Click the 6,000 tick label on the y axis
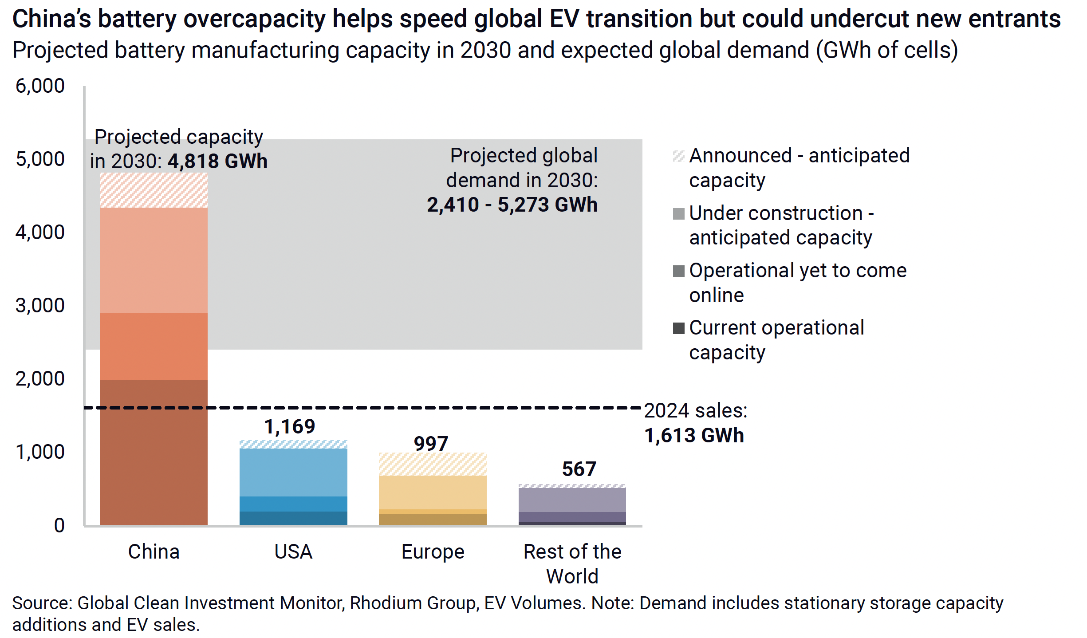click(40, 86)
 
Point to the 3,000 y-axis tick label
click(40, 306)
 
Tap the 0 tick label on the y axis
click(59, 526)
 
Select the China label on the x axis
click(154, 552)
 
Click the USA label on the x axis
click(293, 552)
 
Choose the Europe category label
click(433, 552)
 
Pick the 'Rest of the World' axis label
click(572, 564)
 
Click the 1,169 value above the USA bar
click(290, 427)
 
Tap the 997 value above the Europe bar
click(431, 444)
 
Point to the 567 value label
click(579, 469)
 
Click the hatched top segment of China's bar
click(154, 190)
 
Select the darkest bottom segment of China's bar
click(154, 453)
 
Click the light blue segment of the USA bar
click(293, 472)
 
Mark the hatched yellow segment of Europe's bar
click(433, 464)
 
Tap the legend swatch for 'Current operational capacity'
click(678, 328)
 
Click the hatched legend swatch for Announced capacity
click(678, 156)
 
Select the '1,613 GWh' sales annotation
click(694, 436)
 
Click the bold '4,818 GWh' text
click(217, 161)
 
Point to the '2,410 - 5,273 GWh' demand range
click(512, 205)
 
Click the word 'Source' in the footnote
click(42, 603)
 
